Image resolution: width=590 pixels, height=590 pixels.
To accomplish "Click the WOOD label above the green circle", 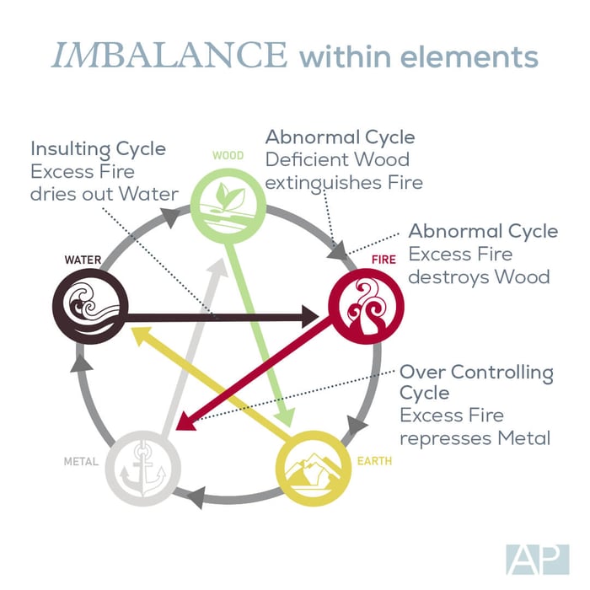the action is pyautogui.click(x=228, y=155).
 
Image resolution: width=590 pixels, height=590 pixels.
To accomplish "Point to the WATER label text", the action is pyautogui.click(x=83, y=260).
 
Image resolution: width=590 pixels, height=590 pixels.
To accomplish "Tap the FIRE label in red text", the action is pyautogui.click(x=383, y=260).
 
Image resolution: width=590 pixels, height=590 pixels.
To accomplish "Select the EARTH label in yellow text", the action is pyautogui.click(x=374, y=461).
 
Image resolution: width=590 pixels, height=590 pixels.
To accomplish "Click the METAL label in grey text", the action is pyautogui.click(x=81, y=461).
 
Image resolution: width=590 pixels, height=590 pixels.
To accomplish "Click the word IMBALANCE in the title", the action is pyautogui.click(x=169, y=56).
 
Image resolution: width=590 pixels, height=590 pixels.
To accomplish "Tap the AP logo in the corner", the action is pyautogui.click(x=538, y=560).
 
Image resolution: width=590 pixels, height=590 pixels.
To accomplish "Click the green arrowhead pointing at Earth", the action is pyautogui.click(x=286, y=418).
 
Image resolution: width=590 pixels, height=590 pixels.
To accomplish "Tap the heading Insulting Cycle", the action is pyautogui.click(x=99, y=149).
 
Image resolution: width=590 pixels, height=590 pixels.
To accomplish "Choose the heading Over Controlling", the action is pyautogui.click(x=476, y=373).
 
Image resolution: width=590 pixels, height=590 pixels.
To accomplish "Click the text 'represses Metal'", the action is pyautogui.click(x=475, y=438).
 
